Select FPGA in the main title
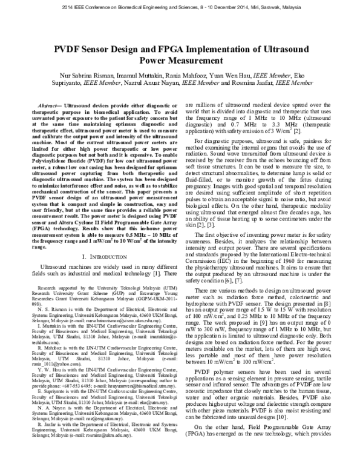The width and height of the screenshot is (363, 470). [194, 48]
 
